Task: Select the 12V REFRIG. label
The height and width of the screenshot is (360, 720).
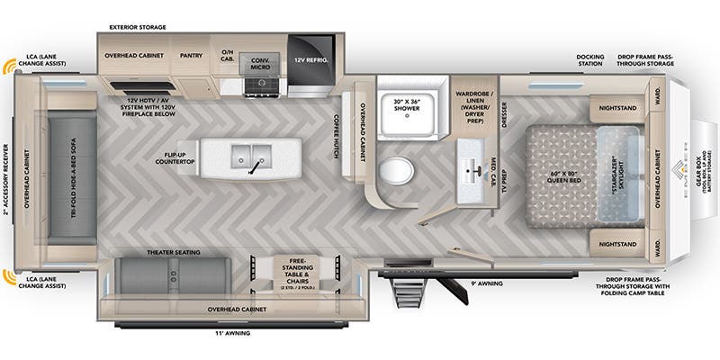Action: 310,59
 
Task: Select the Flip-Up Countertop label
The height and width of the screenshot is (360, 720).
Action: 175,157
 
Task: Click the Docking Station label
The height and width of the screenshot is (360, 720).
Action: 590,60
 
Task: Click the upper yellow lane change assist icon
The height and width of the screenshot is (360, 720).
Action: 10,67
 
